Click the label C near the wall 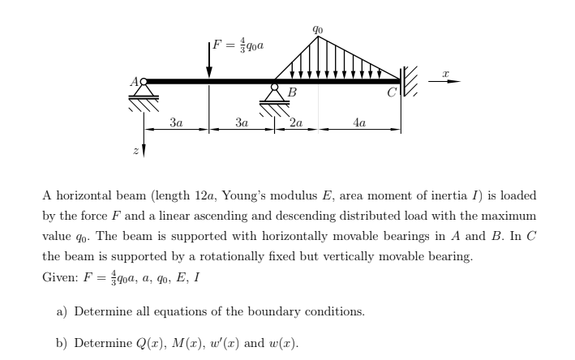391,92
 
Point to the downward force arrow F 208,60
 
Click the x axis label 445,73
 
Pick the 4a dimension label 360,122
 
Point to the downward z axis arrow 145,146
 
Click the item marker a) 62,311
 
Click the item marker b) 62,343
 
